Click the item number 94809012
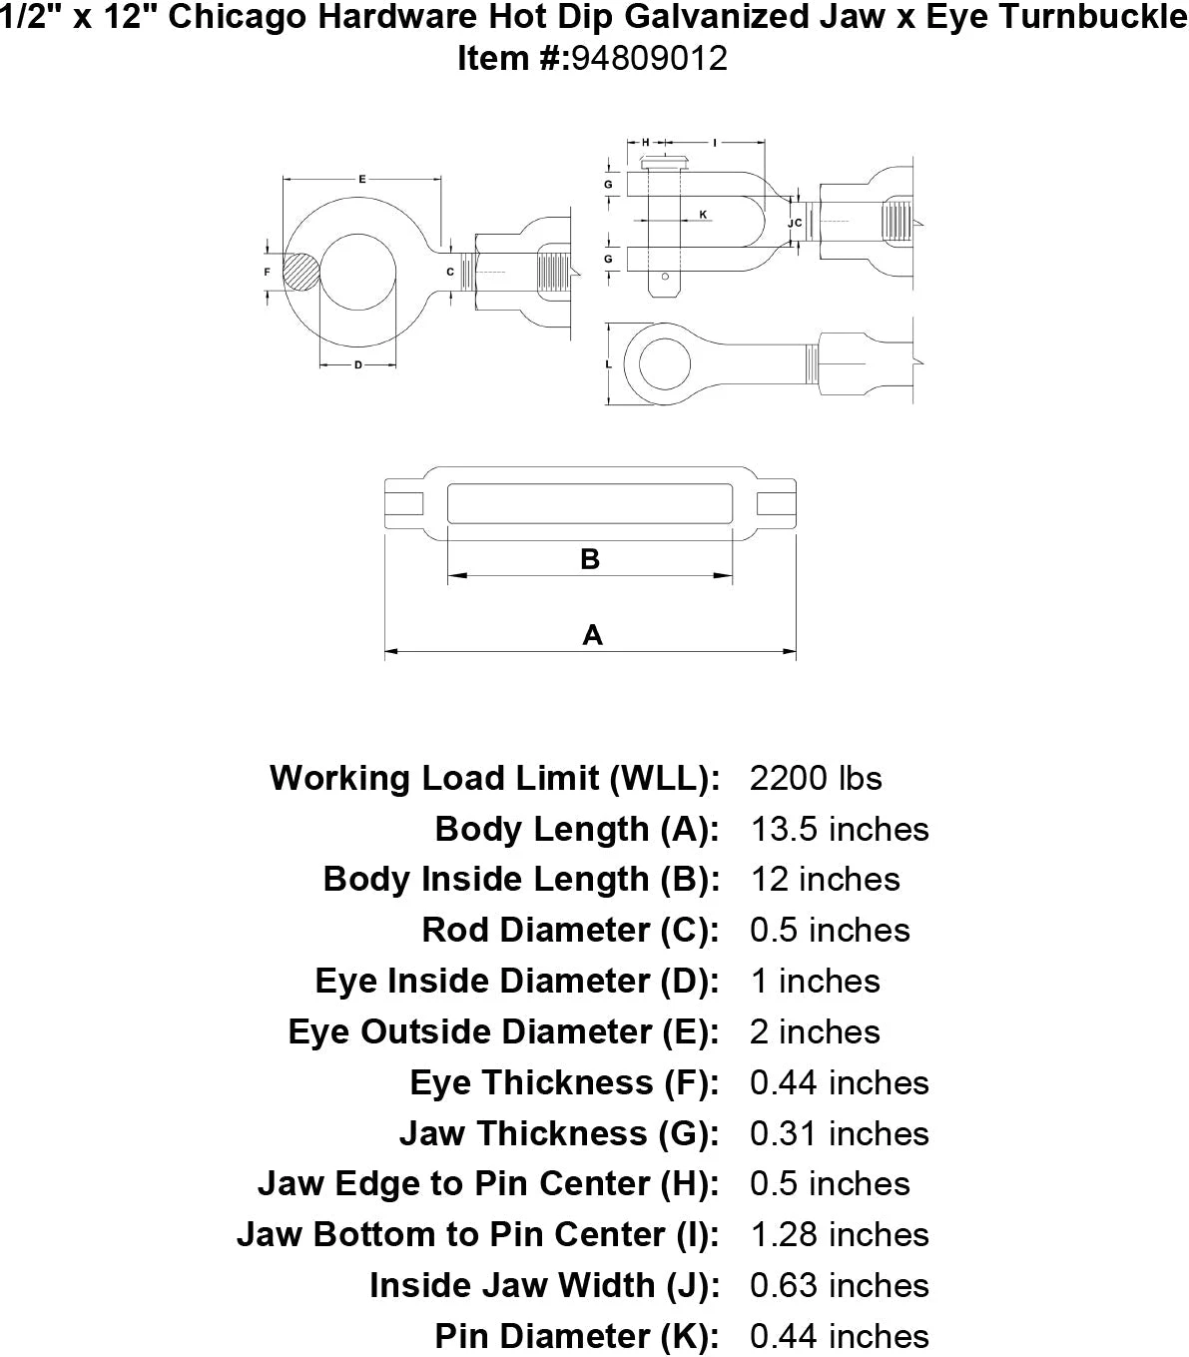coord(649,59)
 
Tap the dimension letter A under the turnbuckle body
coord(592,635)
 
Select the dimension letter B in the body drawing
coord(589,559)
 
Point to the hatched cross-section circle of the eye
coord(300,272)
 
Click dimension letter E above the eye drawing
coord(361,180)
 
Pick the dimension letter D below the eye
coord(357,364)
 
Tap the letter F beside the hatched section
coord(267,272)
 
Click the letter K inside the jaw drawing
coord(703,215)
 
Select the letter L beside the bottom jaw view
coord(609,365)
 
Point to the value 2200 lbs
coord(816,779)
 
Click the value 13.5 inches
coord(839,830)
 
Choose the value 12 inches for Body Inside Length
coord(825,880)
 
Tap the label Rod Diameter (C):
coord(570,931)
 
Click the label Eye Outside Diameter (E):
coord(503,1032)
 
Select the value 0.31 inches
coord(839,1134)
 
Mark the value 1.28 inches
coord(839,1235)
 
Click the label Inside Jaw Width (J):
coord(544,1286)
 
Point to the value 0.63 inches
coord(839,1286)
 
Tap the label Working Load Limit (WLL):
coord(494,779)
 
